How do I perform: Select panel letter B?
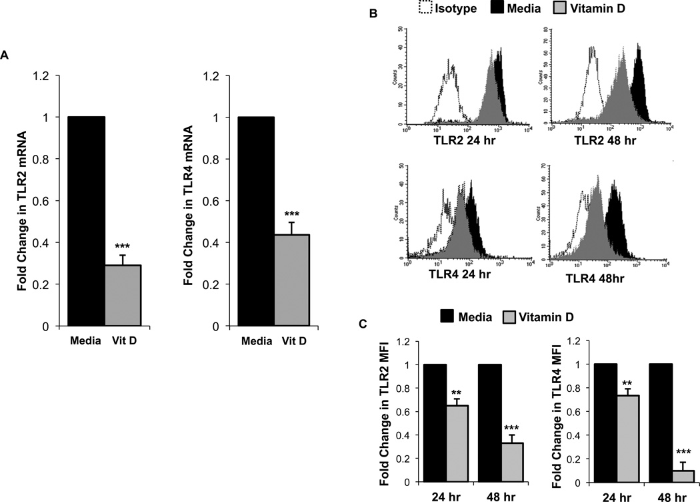354,13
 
